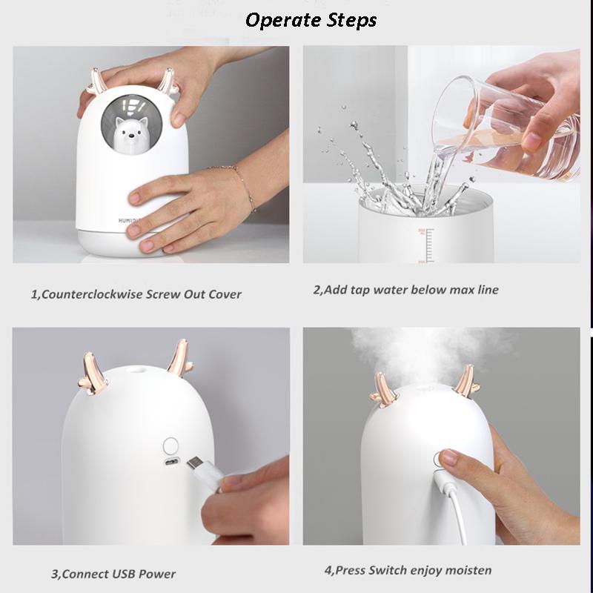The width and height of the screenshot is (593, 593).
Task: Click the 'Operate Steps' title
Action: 311,20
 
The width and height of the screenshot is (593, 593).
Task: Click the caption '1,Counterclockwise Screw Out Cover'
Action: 136,294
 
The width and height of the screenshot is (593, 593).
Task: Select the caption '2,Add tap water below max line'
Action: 405,289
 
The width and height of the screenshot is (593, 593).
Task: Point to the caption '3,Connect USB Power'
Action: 113,573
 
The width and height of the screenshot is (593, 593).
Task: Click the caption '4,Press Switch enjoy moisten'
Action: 408,571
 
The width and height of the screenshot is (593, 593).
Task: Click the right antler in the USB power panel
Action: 178,360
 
